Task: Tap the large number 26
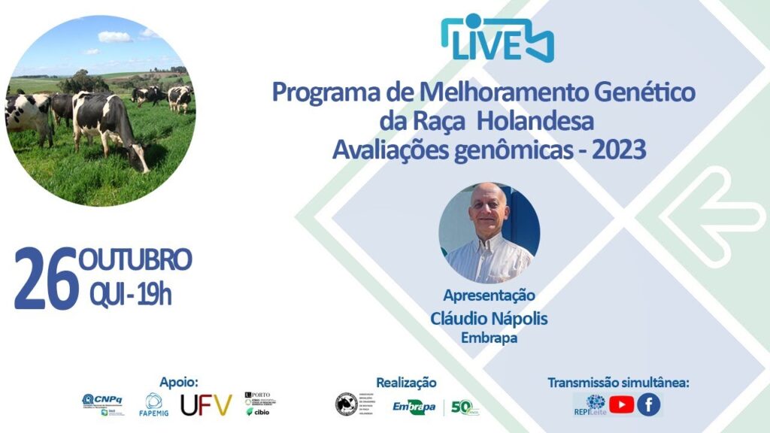[x=46, y=278]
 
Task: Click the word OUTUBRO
[x=135, y=260]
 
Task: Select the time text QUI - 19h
[x=130, y=295]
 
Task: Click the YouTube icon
[x=621, y=405]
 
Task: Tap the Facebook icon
[x=649, y=405]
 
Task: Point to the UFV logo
[x=206, y=406]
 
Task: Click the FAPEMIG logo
[x=153, y=405]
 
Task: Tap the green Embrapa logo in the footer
[x=414, y=406]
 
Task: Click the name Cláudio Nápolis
[x=489, y=319]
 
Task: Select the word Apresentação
[x=489, y=295]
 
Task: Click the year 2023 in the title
[x=619, y=150]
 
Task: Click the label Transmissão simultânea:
[x=618, y=383]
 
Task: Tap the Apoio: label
[x=179, y=382]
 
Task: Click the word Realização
[x=406, y=383]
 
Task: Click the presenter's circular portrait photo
[x=489, y=232]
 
